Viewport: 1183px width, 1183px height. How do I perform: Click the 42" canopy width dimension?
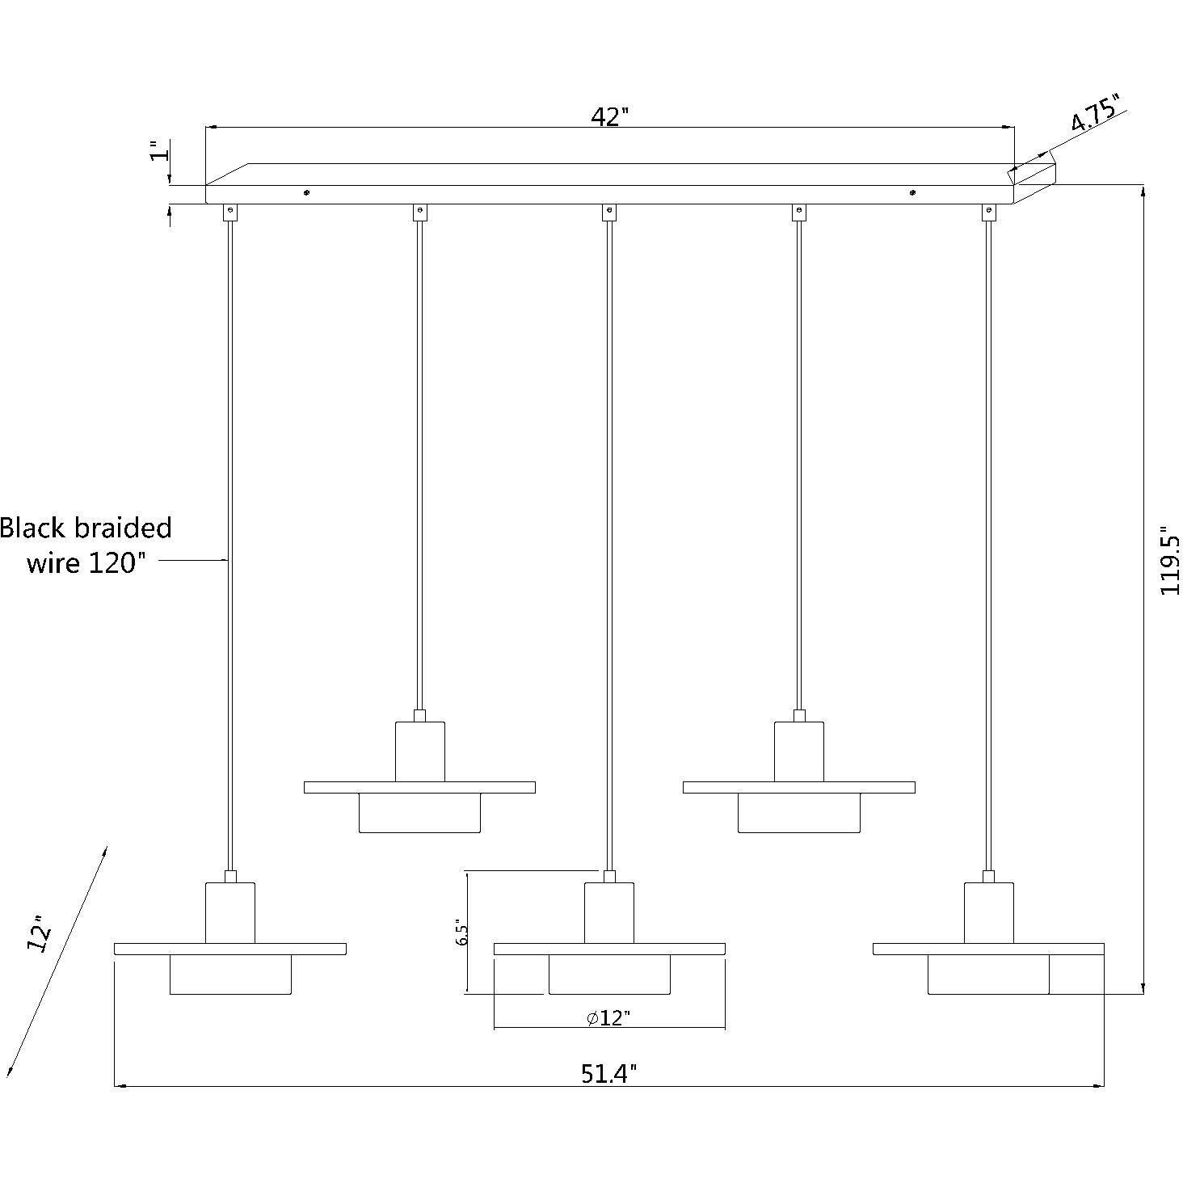click(609, 117)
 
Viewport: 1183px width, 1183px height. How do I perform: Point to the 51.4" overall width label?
click(609, 1073)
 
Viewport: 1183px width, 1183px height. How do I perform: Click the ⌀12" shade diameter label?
click(608, 1018)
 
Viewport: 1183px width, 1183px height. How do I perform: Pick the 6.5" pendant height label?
click(461, 933)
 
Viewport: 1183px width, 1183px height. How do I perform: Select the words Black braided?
click(86, 528)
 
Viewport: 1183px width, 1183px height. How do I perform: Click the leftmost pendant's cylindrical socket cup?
click(230, 912)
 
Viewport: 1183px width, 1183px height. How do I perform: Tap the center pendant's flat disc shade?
click(609, 949)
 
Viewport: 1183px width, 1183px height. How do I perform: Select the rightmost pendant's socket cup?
click(988, 912)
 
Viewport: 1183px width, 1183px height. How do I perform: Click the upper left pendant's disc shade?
click(419, 787)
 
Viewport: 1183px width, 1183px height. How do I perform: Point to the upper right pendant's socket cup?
click(798, 751)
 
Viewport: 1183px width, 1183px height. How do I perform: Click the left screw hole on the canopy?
click(305, 193)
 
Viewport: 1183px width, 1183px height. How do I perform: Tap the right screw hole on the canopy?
click(912, 193)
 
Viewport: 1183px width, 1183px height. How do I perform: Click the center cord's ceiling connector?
click(609, 212)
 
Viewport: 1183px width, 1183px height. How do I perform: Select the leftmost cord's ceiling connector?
click(230, 212)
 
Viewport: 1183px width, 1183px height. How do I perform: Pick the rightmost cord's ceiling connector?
click(987, 212)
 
